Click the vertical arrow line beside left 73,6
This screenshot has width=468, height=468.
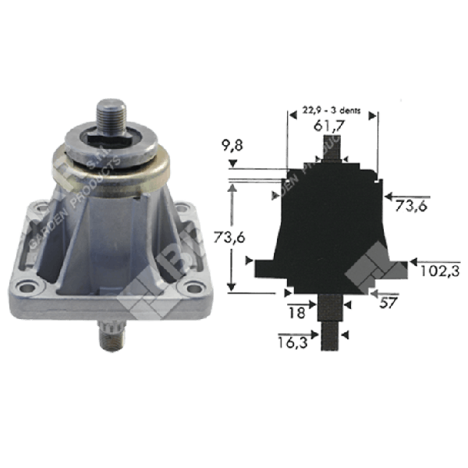point(231,234)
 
